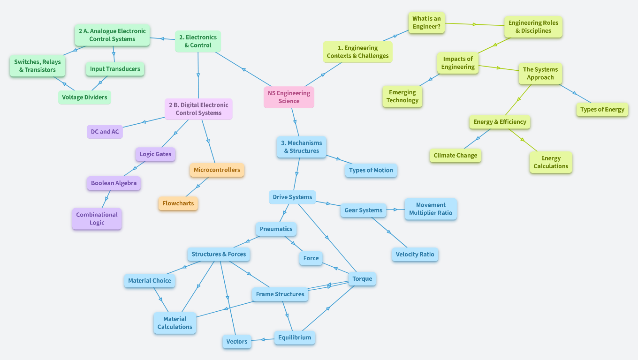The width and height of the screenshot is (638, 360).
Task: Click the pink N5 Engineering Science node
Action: point(289,97)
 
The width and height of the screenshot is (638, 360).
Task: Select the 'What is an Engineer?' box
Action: point(426,22)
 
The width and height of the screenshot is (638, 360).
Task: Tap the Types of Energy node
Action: point(602,110)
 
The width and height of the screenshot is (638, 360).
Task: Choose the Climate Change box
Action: point(455,156)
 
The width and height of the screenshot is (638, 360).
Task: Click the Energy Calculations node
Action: point(551,162)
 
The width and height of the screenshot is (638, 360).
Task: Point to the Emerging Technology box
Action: point(402,96)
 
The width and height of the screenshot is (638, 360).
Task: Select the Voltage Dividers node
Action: point(84,97)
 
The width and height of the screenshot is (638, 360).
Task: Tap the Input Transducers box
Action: point(115,69)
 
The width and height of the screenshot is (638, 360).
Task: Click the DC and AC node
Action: point(105,132)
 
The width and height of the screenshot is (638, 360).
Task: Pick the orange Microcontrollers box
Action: point(217,170)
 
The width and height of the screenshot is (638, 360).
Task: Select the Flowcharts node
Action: point(178,203)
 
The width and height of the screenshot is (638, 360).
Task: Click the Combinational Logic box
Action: point(97,218)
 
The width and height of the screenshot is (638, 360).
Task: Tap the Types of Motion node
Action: point(371,170)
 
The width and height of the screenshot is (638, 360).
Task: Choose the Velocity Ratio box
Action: point(415,255)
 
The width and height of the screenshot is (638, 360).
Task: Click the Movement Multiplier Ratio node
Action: point(430,209)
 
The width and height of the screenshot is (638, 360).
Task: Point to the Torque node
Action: point(362,279)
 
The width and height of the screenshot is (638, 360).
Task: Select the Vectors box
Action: point(236,342)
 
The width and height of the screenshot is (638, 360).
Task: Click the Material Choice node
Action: point(150,281)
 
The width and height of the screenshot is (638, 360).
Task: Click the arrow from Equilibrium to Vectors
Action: point(263,339)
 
